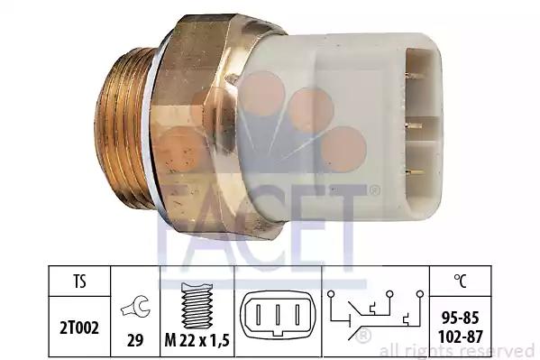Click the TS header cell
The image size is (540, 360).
click(x=79, y=282)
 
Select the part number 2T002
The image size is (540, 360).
click(x=79, y=328)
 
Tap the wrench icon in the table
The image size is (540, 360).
click(x=135, y=306)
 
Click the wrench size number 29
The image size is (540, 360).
click(x=135, y=341)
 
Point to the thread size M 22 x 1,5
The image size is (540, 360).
click(x=197, y=341)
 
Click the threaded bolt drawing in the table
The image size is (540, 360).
click(x=197, y=305)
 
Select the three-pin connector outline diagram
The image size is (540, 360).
click(x=278, y=315)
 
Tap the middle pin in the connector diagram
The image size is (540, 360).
click(x=278, y=314)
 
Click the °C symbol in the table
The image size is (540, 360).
click(x=460, y=281)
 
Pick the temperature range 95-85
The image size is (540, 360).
click(x=460, y=318)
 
